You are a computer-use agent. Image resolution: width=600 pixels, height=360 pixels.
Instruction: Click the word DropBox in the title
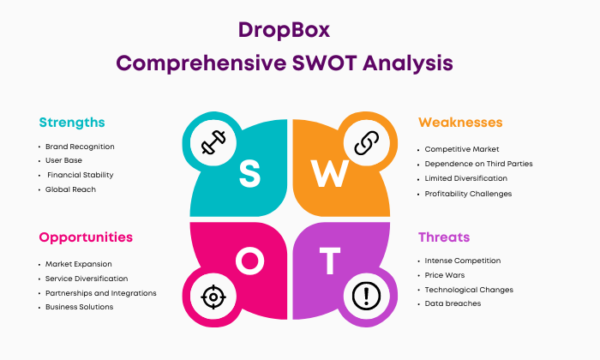tap(284, 31)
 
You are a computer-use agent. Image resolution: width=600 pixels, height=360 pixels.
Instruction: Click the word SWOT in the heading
tap(325, 63)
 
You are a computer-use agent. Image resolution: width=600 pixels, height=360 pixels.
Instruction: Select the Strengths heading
tap(72, 123)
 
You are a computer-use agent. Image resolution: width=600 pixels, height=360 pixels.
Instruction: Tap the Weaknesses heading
tap(460, 123)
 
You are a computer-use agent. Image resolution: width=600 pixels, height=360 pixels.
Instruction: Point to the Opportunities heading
tap(86, 237)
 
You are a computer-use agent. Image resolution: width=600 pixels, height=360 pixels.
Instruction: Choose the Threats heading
tap(444, 237)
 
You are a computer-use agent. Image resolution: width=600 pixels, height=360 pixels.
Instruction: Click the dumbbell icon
tap(213, 142)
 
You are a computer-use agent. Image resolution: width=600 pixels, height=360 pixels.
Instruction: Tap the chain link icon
tap(367, 142)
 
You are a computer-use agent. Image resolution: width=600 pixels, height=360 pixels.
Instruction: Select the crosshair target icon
tap(213, 297)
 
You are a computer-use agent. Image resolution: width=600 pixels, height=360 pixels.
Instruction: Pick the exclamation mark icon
tap(366, 296)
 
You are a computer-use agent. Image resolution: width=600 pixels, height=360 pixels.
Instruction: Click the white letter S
tap(249, 174)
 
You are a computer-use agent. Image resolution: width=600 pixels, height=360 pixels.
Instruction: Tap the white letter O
tap(250, 261)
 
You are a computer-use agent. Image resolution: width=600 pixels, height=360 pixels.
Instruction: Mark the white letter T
tap(330, 261)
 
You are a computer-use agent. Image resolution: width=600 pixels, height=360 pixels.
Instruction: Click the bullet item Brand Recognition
tap(80, 147)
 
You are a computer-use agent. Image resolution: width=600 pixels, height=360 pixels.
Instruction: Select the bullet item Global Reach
tap(70, 189)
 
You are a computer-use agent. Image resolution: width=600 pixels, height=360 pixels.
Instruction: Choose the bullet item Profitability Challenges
tap(468, 194)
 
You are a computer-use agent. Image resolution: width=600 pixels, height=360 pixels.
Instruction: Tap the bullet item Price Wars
tap(445, 275)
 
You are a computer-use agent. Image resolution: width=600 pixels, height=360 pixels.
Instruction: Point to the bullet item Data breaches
tap(453, 303)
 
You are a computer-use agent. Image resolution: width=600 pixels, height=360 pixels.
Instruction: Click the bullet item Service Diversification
tap(87, 279)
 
